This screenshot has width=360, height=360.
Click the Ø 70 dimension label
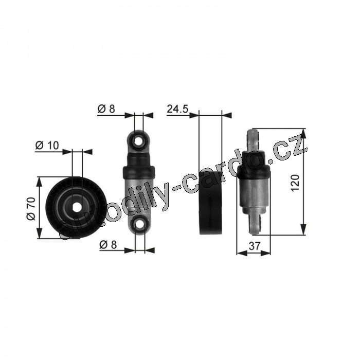(31, 208)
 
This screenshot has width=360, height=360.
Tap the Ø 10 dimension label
(47, 145)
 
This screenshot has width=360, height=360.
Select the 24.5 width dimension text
(177, 109)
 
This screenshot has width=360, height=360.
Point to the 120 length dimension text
(295, 183)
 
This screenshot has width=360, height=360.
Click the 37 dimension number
(255, 246)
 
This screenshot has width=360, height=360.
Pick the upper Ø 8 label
(106, 109)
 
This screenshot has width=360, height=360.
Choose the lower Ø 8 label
(108, 245)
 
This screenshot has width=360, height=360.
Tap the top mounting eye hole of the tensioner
(139, 141)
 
